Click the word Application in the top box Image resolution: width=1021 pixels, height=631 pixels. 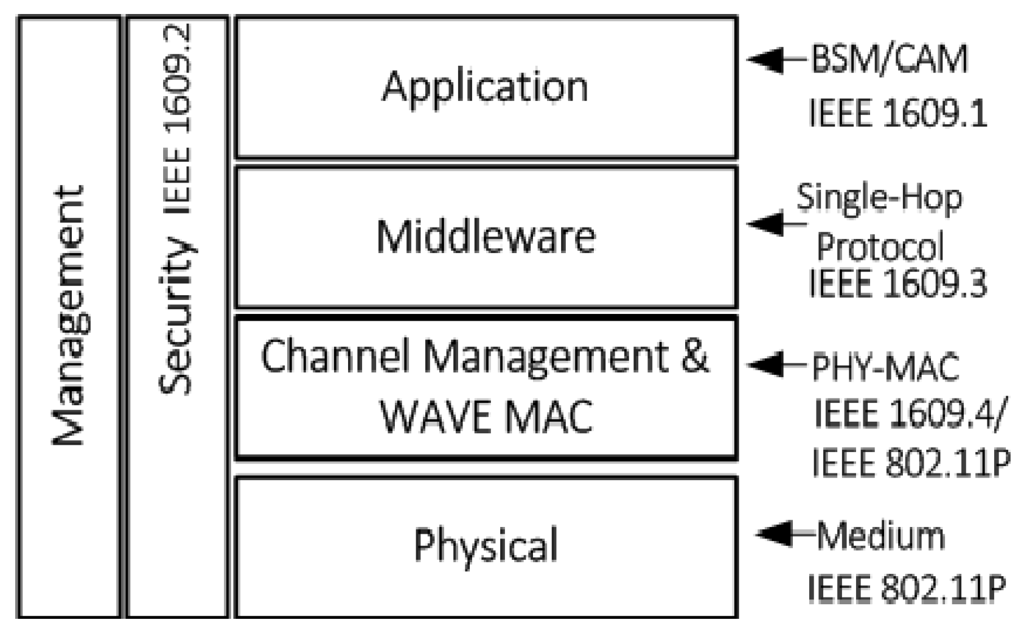[x=485, y=87]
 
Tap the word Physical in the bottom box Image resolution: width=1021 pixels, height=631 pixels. [x=486, y=545]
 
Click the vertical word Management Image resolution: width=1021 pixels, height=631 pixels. [x=68, y=316]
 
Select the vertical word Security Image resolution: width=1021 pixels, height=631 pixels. [x=176, y=316]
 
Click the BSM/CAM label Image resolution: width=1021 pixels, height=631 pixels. [x=889, y=60]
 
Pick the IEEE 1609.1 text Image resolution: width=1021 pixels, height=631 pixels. [x=897, y=114]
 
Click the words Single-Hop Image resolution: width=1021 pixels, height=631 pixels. [x=879, y=198]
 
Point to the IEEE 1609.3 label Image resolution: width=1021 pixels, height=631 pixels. [x=897, y=284]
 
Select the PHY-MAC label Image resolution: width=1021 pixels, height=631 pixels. [x=885, y=367]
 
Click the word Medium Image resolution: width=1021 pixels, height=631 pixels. [x=880, y=536]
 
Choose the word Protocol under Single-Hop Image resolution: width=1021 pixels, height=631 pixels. [x=879, y=247]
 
